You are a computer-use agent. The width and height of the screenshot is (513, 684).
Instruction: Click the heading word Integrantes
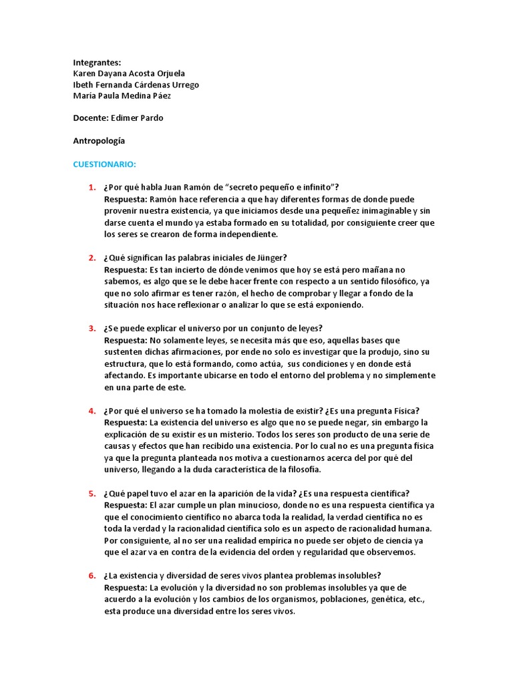97,63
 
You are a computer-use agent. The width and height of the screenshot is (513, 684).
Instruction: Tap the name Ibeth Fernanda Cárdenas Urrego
136,85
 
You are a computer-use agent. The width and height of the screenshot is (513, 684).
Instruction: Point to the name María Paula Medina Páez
122,96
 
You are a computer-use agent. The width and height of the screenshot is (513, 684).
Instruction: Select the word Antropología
99,141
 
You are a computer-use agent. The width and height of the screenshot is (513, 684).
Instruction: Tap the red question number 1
92,188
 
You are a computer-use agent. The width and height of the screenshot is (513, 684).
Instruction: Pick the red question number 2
92,259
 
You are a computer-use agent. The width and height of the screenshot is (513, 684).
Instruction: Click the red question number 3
92,329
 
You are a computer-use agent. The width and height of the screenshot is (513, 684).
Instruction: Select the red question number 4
92,411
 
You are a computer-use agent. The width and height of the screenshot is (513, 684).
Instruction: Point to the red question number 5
92,494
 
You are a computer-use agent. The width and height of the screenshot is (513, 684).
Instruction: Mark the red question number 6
92,576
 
